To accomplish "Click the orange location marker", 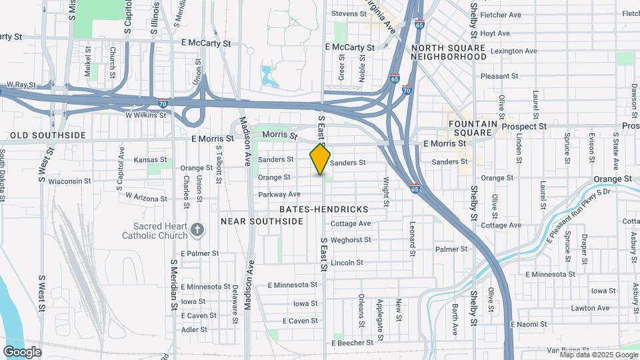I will (321, 160).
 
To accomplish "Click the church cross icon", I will (197, 230).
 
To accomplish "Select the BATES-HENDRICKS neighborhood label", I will (324, 209).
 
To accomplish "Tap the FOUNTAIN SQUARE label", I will (473, 128).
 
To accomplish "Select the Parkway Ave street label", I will (279, 195).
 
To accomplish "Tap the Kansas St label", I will (150, 160).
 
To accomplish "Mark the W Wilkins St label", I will (142, 115).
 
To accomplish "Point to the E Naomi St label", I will (529, 324).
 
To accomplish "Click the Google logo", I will (22, 351).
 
